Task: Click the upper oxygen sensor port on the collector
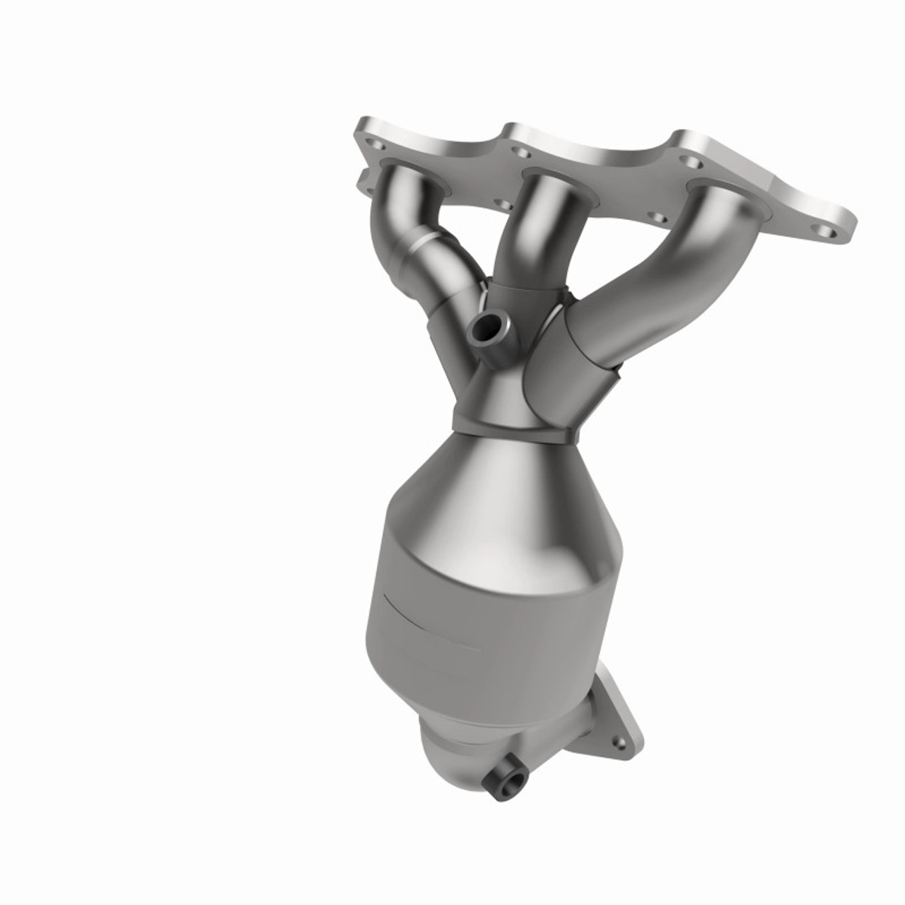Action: (x=486, y=326)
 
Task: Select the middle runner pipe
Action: (x=527, y=233)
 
